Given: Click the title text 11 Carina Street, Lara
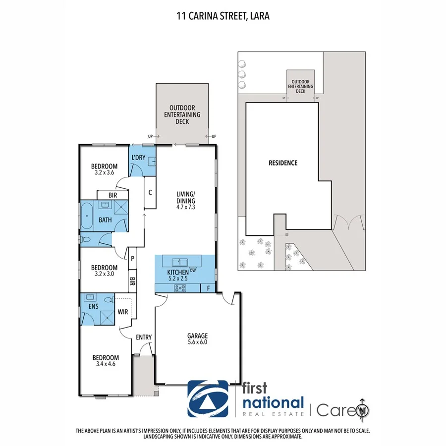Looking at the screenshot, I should pyautogui.click(x=223, y=16).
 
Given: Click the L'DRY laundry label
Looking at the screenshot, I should pyautogui.click(x=138, y=157).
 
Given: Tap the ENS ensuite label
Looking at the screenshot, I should pyautogui.click(x=94, y=306).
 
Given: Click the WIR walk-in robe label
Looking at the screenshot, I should pyautogui.click(x=123, y=312).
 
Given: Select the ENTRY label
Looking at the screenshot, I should pyautogui.click(x=144, y=337).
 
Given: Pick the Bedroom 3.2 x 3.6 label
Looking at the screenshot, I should pyautogui.click(x=104, y=169).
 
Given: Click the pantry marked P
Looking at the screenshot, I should pyautogui.click(x=133, y=258).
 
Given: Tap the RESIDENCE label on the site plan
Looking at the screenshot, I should pyautogui.click(x=283, y=163).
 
